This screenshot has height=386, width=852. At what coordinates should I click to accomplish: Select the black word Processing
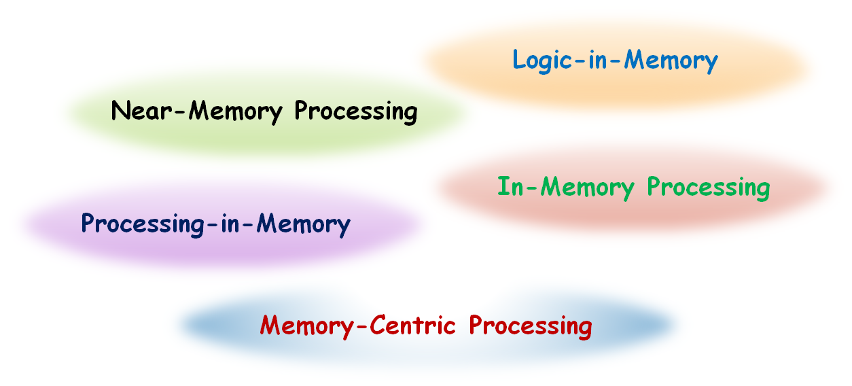tap(356, 112)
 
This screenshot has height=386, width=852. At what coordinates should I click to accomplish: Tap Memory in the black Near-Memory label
tap(236, 112)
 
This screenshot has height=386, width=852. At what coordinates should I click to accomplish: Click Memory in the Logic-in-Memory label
tap(671, 61)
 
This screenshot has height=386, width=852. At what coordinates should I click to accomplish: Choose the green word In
tap(510, 186)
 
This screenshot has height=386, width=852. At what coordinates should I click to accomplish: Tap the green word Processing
tap(709, 188)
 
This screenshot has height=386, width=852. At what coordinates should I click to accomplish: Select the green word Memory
tap(587, 188)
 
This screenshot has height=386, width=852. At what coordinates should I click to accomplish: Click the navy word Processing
tap(143, 224)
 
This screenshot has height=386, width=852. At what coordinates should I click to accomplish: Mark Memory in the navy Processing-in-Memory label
tap(303, 224)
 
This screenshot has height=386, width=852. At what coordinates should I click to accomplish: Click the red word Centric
tap(412, 325)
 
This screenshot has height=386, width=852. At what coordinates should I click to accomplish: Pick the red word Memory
tap(307, 326)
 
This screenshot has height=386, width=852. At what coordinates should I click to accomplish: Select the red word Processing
tap(531, 326)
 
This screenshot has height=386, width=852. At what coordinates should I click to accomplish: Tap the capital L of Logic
tap(518, 59)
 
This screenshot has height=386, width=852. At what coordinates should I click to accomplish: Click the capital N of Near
tap(120, 111)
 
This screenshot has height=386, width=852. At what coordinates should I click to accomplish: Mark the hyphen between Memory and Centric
tap(362, 327)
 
